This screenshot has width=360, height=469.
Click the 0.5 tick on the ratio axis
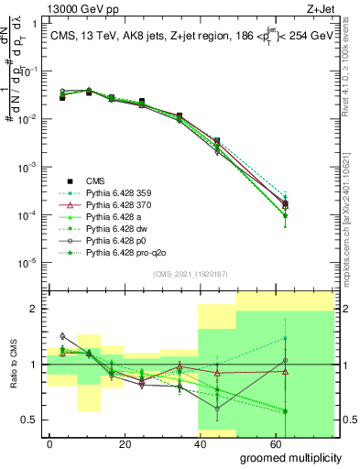[34, 420]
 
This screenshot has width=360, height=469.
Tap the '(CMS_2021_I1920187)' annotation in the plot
[190, 274]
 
